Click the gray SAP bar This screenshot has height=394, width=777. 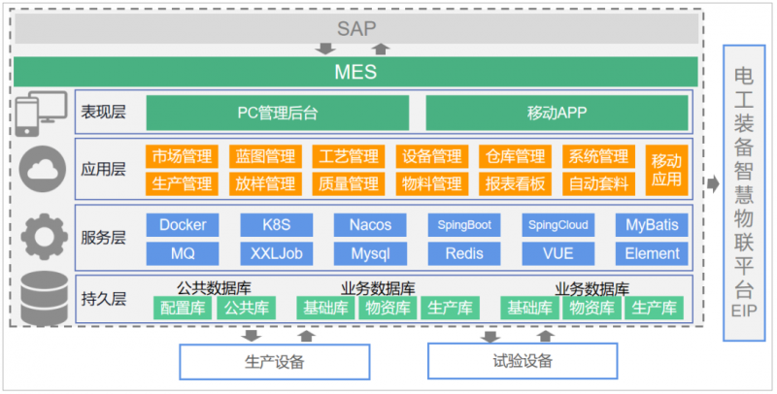point(355,28)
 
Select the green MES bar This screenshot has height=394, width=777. point(355,72)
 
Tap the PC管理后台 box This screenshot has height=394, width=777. point(278,113)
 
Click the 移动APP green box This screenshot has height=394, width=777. point(557,113)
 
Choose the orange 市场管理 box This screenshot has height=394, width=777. point(182,156)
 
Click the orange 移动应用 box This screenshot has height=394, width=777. point(666,170)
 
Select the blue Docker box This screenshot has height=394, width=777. point(182,225)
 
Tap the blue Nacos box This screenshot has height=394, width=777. point(369,225)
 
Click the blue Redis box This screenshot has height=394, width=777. point(463,254)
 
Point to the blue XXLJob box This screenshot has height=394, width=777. point(275,254)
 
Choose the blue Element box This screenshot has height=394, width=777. point(652,254)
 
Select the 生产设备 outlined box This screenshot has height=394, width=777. point(275,362)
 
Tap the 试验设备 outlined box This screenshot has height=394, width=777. point(523,362)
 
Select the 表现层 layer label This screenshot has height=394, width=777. point(104,113)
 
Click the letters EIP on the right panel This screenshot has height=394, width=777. point(743,312)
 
